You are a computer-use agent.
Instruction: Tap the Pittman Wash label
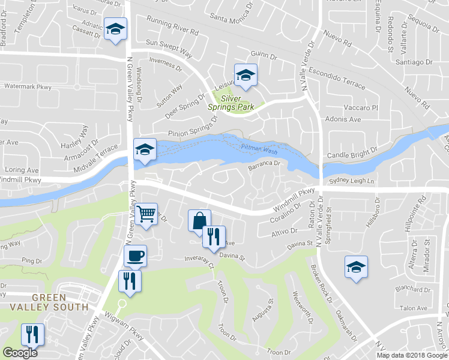(x=259, y=150)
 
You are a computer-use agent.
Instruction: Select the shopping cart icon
(x=146, y=214)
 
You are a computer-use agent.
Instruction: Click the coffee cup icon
(x=135, y=256)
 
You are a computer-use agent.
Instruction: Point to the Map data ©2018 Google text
(x=411, y=355)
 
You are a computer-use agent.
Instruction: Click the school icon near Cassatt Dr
(x=114, y=29)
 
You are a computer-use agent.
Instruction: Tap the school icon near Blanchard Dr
(x=356, y=266)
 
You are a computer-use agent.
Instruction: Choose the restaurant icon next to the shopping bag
(x=213, y=236)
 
